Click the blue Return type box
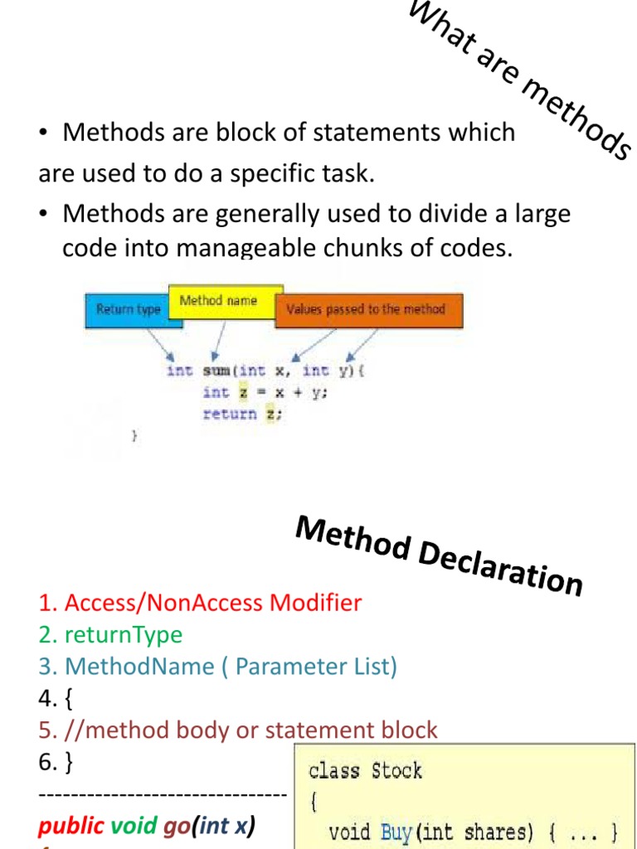click(x=127, y=309)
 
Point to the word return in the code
click(x=230, y=415)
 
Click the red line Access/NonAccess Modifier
click(x=200, y=603)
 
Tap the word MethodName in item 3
click(x=139, y=667)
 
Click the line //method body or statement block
click(x=237, y=730)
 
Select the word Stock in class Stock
click(x=396, y=771)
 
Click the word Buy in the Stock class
click(x=396, y=832)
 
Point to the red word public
click(x=71, y=826)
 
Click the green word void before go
click(x=134, y=826)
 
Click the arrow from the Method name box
click(x=218, y=340)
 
